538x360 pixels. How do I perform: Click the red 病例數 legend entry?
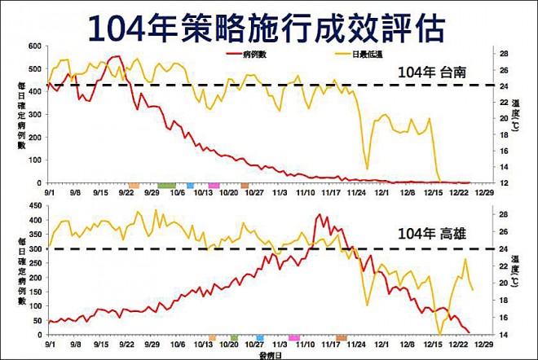point(249,55)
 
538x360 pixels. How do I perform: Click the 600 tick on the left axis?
point(36,46)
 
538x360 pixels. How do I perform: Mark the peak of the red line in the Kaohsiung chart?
point(318,215)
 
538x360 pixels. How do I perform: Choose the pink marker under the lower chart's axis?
point(293,337)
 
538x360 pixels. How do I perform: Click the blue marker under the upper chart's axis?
point(191,186)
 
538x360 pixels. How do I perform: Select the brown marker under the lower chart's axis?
point(341,337)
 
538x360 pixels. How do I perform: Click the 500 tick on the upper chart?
point(36,69)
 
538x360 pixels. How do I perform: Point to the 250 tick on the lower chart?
point(36,262)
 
